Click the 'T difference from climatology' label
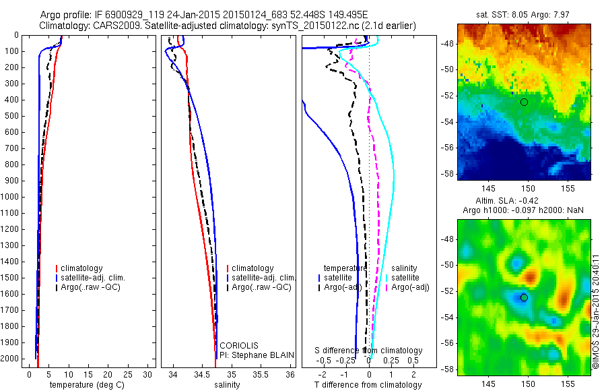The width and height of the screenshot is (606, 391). tap(368, 385)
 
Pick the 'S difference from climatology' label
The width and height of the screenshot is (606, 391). tap(369, 351)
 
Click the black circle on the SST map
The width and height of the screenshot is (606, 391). tap(524, 102)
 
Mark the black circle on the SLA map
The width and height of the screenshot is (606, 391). tap(524, 297)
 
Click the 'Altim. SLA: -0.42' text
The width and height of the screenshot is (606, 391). tap(522, 200)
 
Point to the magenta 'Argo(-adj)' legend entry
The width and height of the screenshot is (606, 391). tap(410, 288)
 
